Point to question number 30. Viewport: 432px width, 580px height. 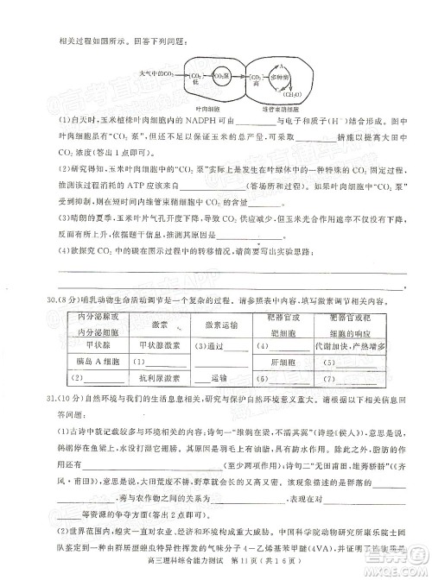pyautogui.click(x=41, y=302)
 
